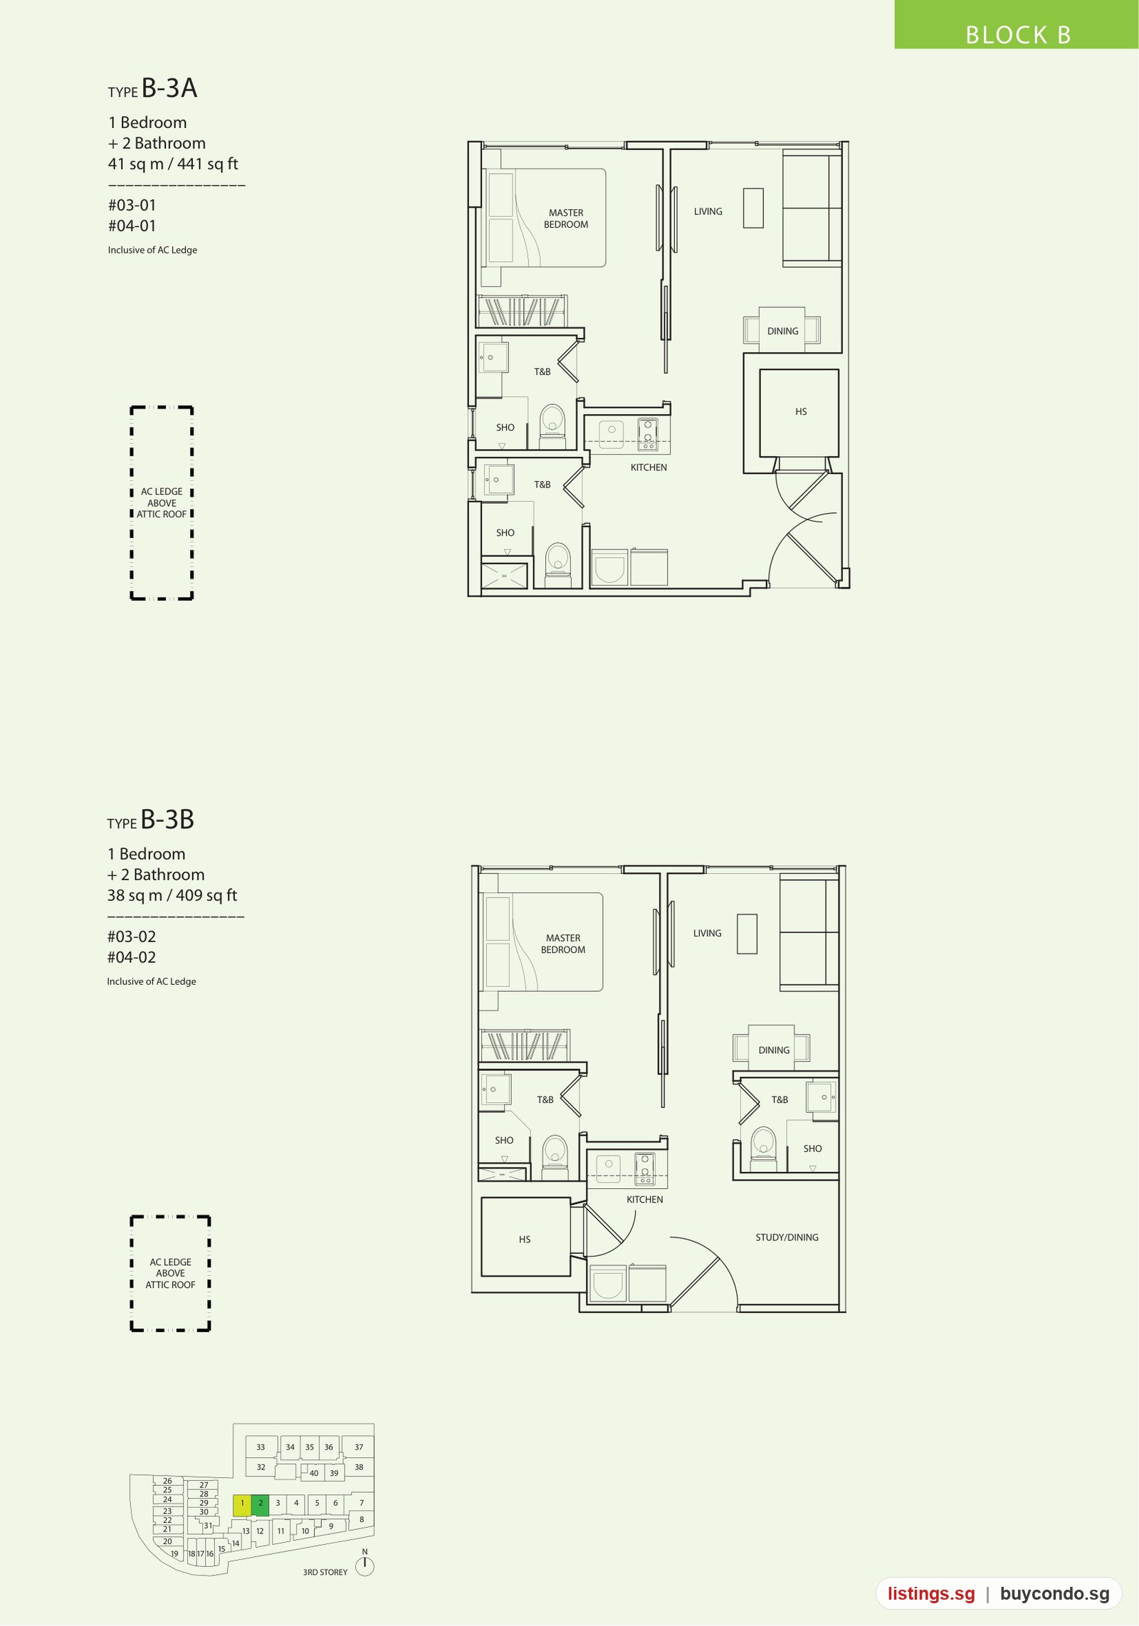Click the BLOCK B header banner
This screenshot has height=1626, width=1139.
pos(1016,25)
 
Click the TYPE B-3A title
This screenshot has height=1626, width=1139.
pos(152,88)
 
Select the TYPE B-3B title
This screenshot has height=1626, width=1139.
pos(150,820)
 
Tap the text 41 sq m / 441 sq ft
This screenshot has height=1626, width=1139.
pos(173,164)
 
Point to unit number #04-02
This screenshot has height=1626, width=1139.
pos(132,958)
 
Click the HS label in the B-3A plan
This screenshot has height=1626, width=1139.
pos(801,412)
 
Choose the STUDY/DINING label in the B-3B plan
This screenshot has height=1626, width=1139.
pos(787,1237)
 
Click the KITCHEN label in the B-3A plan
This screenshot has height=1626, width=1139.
pos(649,468)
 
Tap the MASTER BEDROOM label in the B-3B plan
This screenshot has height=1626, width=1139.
pos(563,944)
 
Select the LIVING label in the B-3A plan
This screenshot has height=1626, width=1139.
pos(708,212)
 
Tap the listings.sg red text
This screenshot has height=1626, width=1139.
pos(931,1594)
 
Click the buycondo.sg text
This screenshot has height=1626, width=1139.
pos(1054,1594)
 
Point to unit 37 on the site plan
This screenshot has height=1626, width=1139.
pos(359,1447)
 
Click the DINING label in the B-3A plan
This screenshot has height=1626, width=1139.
pos(783,332)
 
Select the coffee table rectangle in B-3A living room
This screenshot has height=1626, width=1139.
pos(753,208)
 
